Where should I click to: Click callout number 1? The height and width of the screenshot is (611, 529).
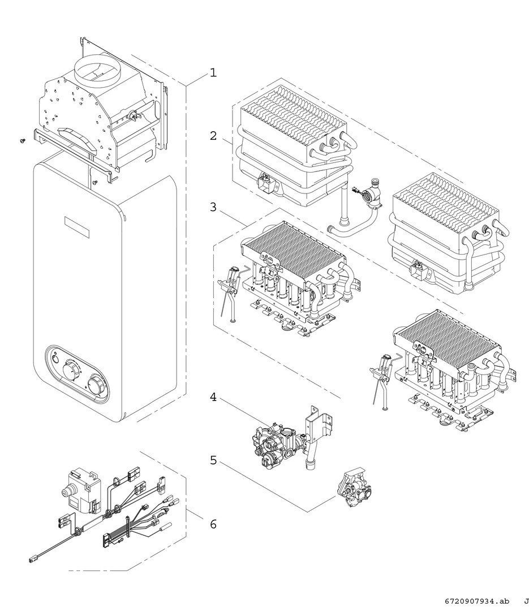tap(213, 73)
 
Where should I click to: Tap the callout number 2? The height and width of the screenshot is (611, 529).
tap(213, 136)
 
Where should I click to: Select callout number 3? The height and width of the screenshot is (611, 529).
tap(213, 207)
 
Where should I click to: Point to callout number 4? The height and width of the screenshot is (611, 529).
tap(213, 397)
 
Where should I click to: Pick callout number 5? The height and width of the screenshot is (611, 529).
tap(213, 460)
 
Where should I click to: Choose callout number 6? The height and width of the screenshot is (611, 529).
tap(213, 524)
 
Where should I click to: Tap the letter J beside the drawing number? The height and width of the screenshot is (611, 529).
tap(525, 601)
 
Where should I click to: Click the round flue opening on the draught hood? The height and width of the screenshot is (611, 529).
tap(100, 70)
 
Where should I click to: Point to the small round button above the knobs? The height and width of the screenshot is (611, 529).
tap(55, 357)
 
